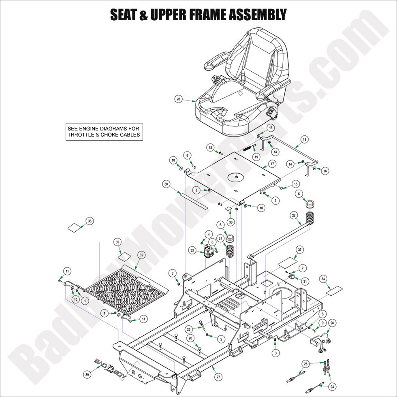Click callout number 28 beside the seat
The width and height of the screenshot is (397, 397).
point(178,99)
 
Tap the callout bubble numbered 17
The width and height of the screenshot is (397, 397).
point(272,164)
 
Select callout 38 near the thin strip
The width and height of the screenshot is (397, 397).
point(166,184)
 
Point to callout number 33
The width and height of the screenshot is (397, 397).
point(192,251)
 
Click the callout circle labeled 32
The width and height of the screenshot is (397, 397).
point(141,255)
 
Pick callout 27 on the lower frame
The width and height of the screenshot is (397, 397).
point(218,377)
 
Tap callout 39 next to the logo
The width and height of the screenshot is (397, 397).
point(87,375)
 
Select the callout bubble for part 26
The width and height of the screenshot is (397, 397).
point(332,323)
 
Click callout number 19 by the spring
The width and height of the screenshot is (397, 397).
point(256,156)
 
